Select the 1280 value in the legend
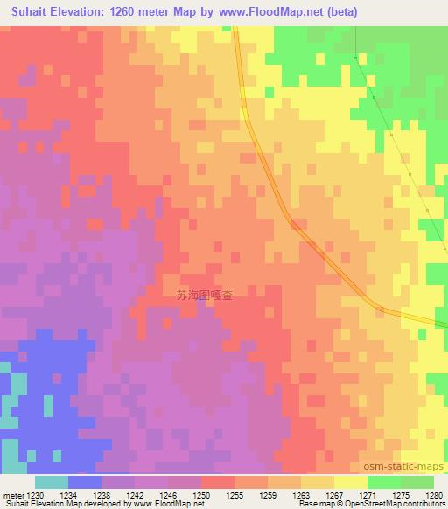434,495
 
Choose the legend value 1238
103,495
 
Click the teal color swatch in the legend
52,482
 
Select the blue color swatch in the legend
85,482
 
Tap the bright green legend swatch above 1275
384,482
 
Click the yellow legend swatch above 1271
351,482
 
